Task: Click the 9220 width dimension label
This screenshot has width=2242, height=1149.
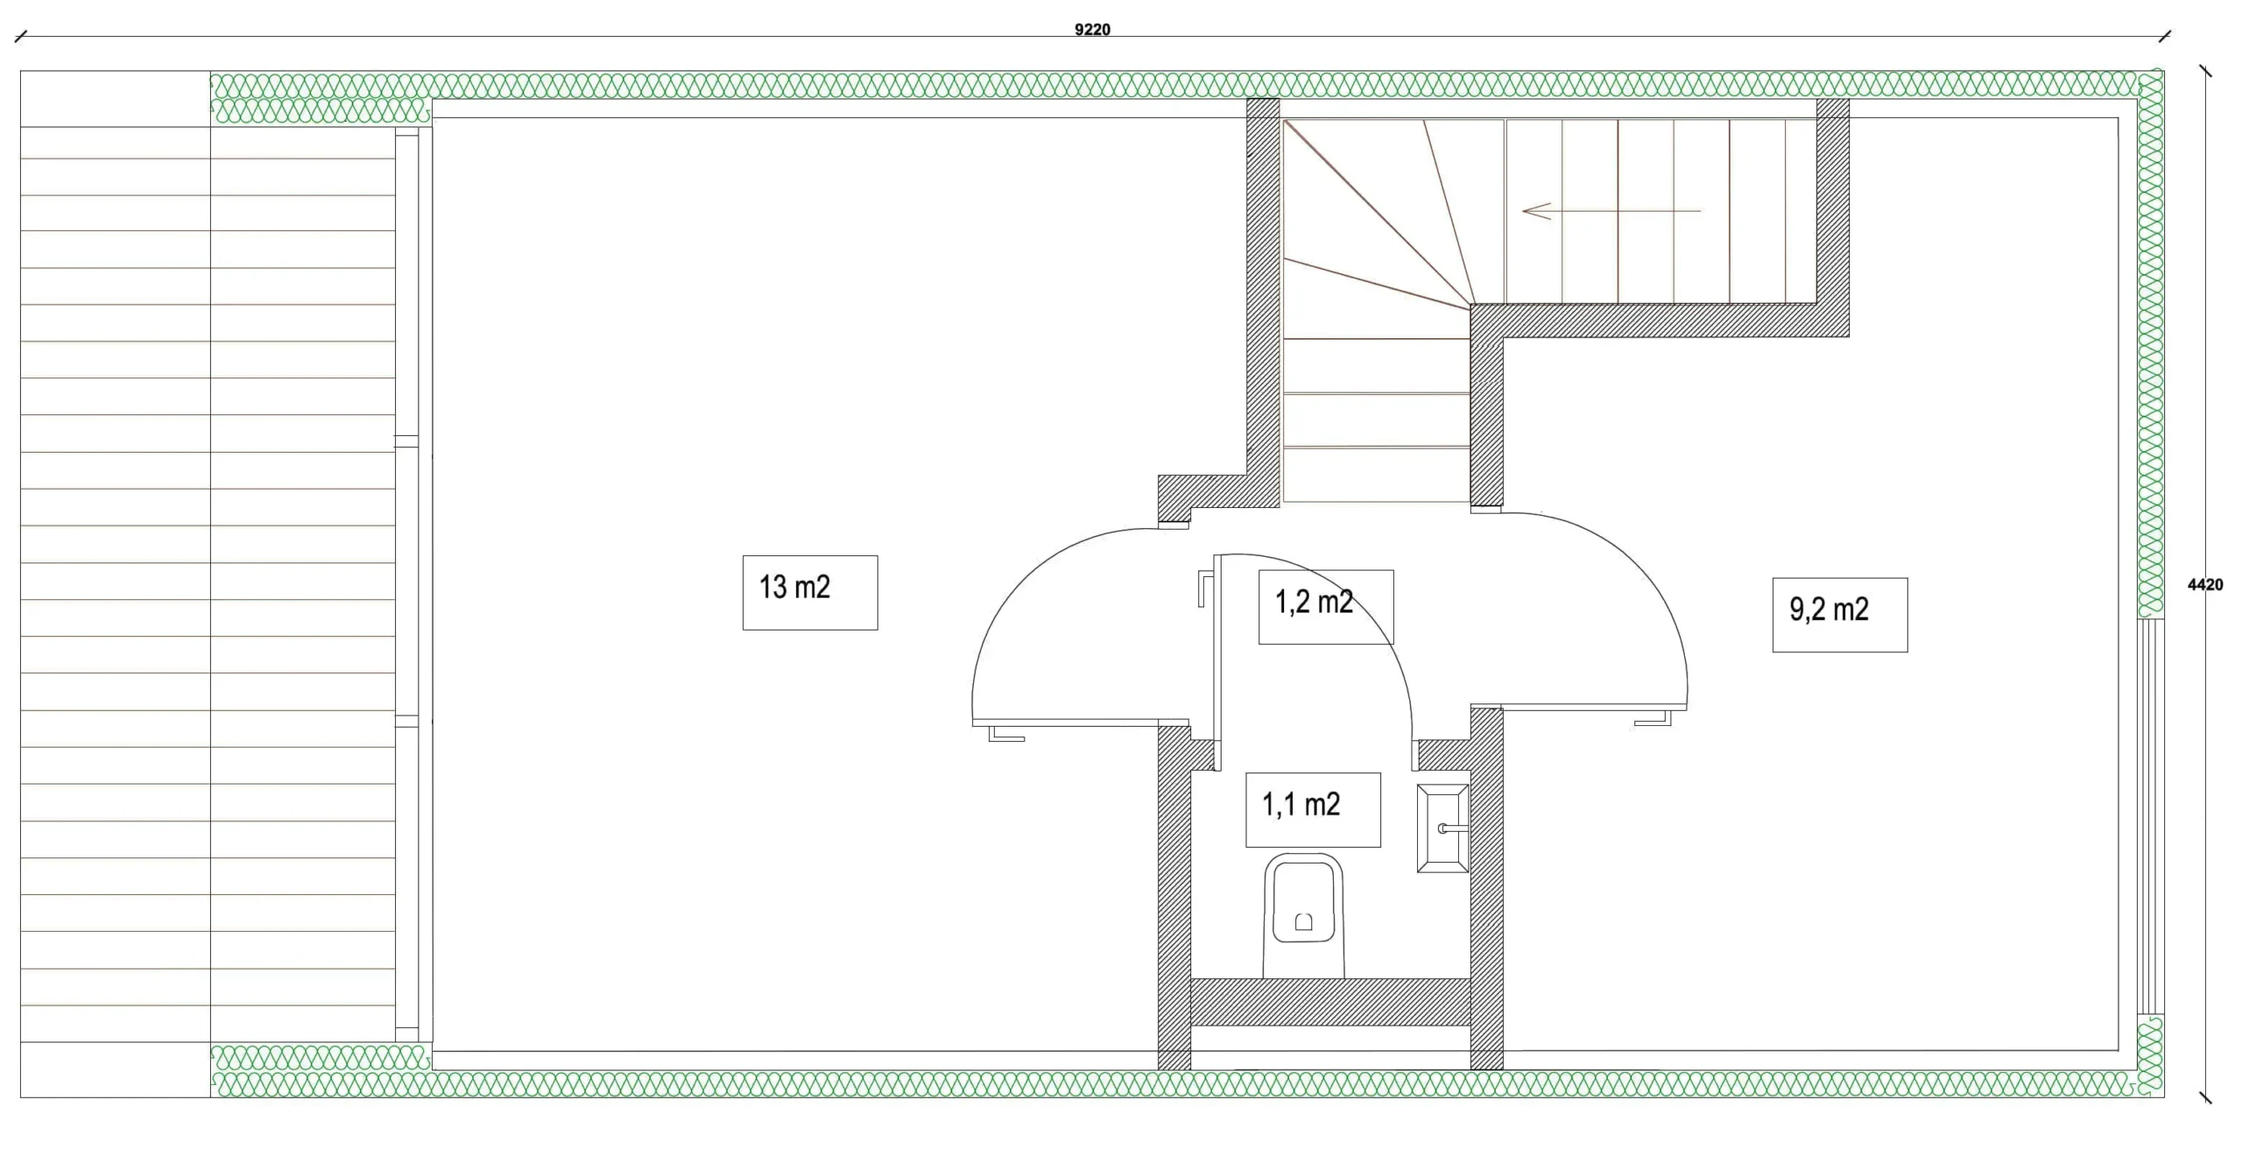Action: (1092, 30)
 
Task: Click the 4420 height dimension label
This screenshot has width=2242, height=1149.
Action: (2204, 585)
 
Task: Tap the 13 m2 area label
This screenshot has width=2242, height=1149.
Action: (794, 588)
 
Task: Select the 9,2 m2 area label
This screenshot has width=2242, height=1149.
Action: (1829, 610)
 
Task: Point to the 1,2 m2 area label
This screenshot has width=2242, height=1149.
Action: (1314, 603)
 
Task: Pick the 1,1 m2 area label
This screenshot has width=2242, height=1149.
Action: (1301, 805)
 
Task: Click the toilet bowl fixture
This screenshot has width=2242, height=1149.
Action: (1303, 916)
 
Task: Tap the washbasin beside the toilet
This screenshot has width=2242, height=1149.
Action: (1442, 828)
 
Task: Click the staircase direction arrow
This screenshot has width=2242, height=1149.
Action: (1611, 211)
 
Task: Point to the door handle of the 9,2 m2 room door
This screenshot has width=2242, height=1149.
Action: (1653, 718)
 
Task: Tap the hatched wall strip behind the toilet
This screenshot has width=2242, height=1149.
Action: (1330, 1002)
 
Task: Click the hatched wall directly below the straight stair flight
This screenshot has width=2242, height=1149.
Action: (1660, 321)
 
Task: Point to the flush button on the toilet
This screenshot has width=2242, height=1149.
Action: (1304, 922)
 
